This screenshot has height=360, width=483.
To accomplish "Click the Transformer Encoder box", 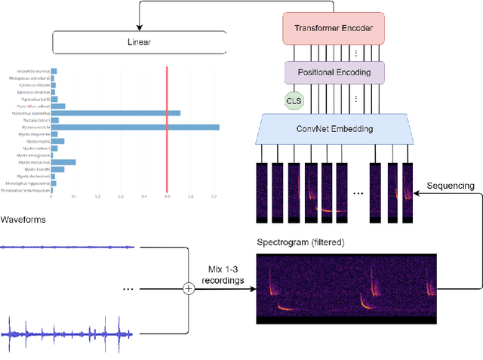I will [x=334, y=29].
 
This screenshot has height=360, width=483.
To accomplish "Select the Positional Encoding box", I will [x=334, y=72].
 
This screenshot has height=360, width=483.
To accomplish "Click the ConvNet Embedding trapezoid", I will [x=334, y=129].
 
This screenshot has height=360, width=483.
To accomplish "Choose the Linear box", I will [x=139, y=42].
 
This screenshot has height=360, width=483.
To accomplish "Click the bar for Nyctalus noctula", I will [x=135, y=127].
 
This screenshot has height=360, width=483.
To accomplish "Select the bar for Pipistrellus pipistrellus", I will [x=115, y=113].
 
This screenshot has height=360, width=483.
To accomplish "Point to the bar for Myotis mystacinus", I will [x=63, y=162].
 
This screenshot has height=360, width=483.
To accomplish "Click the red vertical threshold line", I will [x=167, y=128].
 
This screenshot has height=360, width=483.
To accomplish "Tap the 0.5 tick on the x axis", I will [x=167, y=197].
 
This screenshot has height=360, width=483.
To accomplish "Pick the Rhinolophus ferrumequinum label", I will [x=26, y=189].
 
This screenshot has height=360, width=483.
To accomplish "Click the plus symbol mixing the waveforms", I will [x=189, y=288].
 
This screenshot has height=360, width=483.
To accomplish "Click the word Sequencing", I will [x=451, y=185].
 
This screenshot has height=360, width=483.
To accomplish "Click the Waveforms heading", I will [x=23, y=219].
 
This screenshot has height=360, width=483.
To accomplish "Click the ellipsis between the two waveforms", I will [x=128, y=288].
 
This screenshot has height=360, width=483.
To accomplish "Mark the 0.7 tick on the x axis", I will [x=214, y=197].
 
